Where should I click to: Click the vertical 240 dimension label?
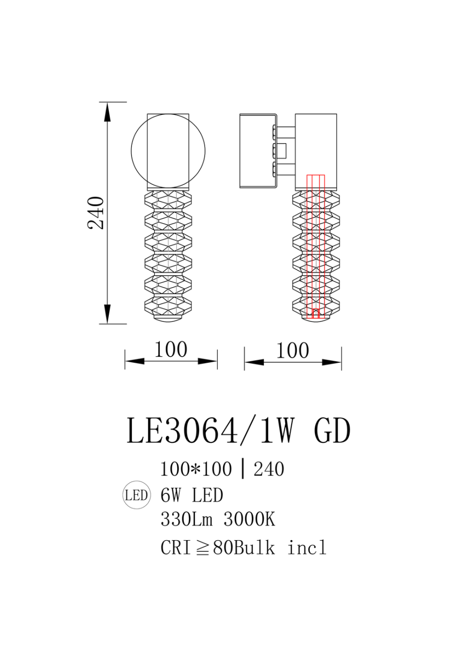click(x=96, y=213)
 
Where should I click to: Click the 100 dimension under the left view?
click(x=171, y=350)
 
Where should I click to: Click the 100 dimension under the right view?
click(x=293, y=351)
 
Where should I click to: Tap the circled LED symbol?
click(x=137, y=495)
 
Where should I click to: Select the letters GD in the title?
click(x=332, y=431)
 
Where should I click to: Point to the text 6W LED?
click(x=192, y=495)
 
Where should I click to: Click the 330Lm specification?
click(x=186, y=520)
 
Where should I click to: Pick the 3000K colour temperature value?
click(x=249, y=520)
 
